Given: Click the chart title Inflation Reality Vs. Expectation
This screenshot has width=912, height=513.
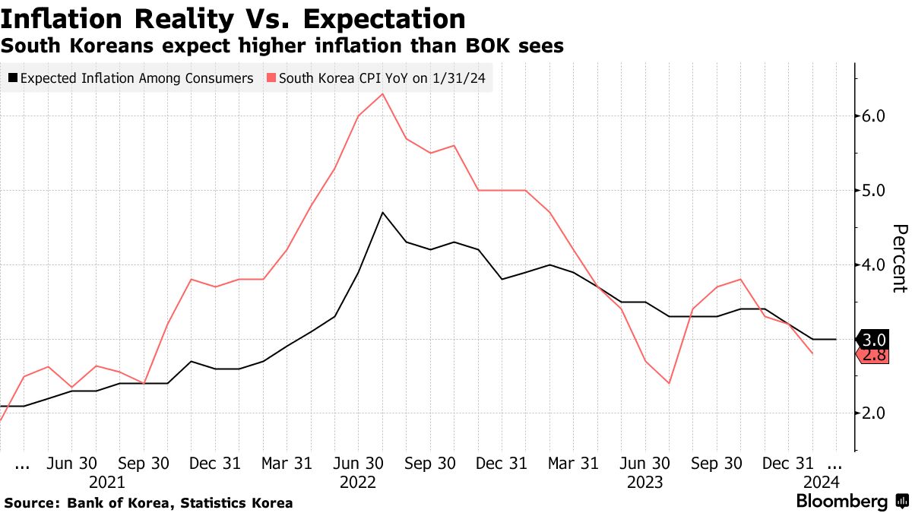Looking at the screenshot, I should pyautogui.click(x=233, y=18).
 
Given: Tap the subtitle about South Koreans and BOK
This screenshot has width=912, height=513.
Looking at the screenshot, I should pyautogui.click(x=282, y=46).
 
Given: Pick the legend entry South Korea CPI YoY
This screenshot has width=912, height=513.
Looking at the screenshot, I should pyautogui.click(x=378, y=78).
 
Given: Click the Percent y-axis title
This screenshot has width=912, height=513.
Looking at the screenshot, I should pyautogui.click(x=899, y=258).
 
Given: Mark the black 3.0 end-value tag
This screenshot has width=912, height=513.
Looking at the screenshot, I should pyautogui.click(x=872, y=339).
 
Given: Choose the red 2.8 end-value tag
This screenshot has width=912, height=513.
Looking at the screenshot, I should pyautogui.click(x=872, y=354).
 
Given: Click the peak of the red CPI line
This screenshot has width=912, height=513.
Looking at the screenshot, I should pyautogui.click(x=382, y=93).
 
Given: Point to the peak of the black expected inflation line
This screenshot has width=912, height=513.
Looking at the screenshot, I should pyautogui.click(x=382, y=212).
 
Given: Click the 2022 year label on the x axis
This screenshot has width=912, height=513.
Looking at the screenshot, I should pyautogui.click(x=358, y=482).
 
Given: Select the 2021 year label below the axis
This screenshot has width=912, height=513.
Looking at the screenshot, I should pyautogui.click(x=107, y=482).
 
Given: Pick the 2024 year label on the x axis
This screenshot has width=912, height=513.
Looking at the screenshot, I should pyautogui.click(x=821, y=482).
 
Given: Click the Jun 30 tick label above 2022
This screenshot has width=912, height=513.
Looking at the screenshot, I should pyautogui.click(x=358, y=463).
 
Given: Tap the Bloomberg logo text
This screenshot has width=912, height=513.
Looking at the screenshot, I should pyautogui.click(x=841, y=502).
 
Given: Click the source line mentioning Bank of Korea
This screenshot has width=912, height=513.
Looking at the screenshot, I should pyautogui.click(x=148, y=503).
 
